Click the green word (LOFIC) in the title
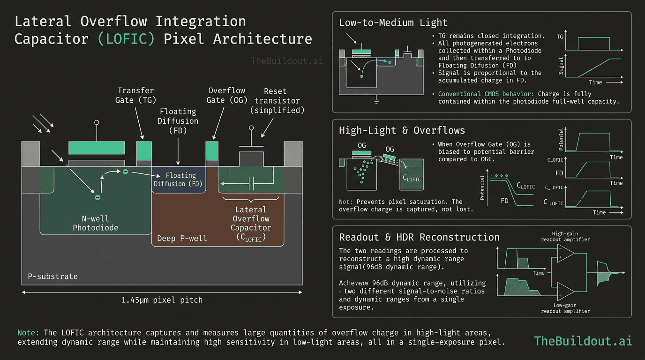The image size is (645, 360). [126, 38]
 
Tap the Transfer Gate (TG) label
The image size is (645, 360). [135, 95]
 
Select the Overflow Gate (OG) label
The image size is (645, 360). [226, 95]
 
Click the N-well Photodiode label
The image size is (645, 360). [95, 223]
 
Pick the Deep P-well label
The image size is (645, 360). [182, 239]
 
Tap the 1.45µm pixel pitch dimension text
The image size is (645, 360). [161, 300]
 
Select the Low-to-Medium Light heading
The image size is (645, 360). [393, 22]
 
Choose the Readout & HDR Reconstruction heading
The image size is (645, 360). [419, 237]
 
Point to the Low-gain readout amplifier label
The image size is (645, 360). [565, 308]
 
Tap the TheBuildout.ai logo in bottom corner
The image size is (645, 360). [583, 340]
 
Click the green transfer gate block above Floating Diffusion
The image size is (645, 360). [144, 150]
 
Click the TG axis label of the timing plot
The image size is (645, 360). [560, 36]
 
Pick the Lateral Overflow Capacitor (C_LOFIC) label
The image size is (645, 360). [251, 223]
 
